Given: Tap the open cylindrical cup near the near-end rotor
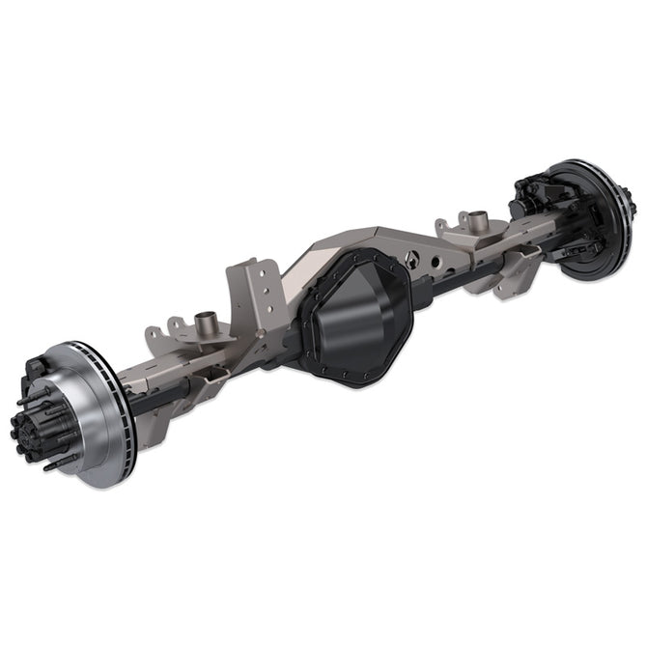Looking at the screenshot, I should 204,322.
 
